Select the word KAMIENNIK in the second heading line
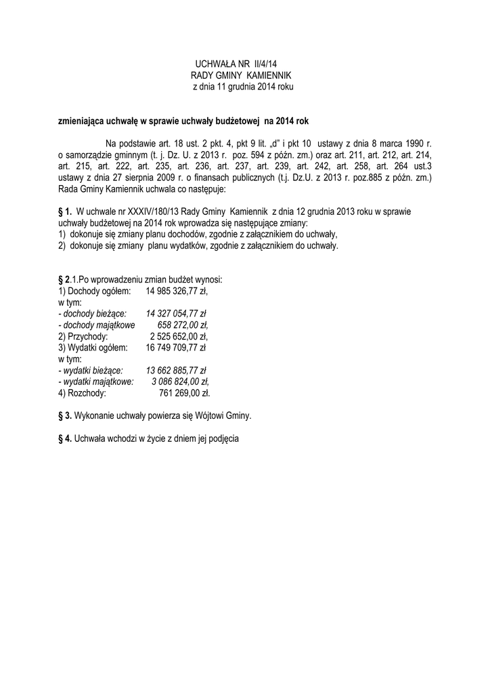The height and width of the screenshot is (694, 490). coord(267,76)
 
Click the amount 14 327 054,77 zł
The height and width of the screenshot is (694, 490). coord(176,314)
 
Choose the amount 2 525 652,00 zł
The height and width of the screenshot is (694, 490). coord(179,336)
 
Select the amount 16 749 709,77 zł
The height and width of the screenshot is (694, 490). coord(176,348)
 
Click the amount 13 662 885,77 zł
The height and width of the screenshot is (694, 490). coord(176,371)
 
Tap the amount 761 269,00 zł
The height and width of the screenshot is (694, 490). coord(184,393)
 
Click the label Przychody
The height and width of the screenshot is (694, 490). coord(87,336)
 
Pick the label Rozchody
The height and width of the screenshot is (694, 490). coord(87,393)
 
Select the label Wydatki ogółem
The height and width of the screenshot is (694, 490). coord(93,348)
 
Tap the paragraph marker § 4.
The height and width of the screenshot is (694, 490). coord(65,438)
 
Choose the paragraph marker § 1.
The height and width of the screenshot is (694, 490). coord(65,211)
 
